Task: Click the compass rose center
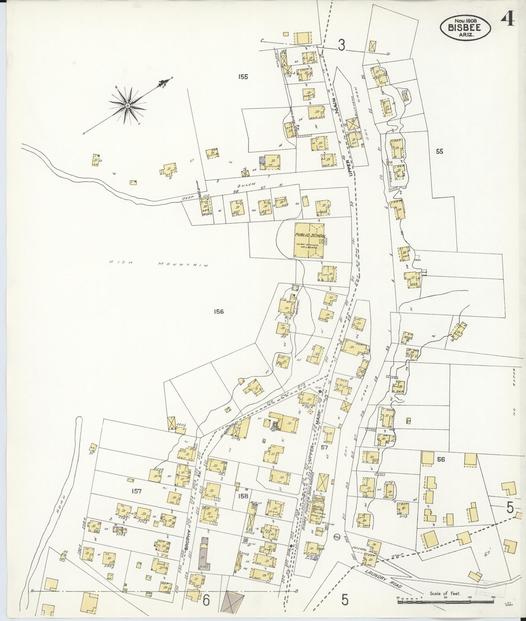(128, 106)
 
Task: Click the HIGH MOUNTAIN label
(158, 263)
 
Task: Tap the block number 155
(243, 77)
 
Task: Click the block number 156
(219, 312)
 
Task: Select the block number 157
(136, 491)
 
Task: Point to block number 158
(243, 496)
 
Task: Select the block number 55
(439, 151)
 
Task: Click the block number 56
(441, 459)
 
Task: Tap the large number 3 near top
(341, 45)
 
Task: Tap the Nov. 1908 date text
(465, 20)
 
